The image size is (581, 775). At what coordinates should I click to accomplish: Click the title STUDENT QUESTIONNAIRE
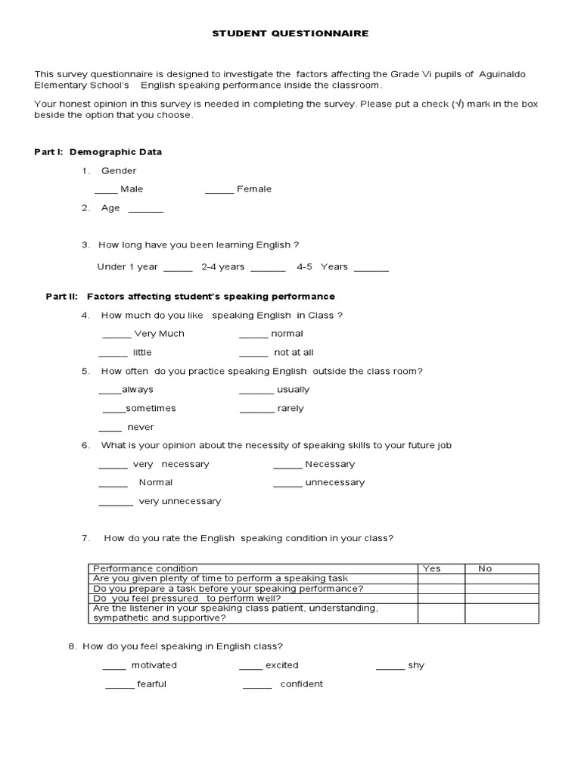(290, 33)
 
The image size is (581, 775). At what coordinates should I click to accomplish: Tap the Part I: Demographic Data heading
(98, 152)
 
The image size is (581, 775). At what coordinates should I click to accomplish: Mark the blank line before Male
(106, 191)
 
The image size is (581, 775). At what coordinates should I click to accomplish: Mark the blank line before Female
(219, 191)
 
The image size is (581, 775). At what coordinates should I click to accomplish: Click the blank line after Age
(145, 210)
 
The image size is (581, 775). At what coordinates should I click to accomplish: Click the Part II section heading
(190, 297)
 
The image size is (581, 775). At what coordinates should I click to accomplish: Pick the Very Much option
(159, 334)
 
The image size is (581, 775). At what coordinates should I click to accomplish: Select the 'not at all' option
(294, 353)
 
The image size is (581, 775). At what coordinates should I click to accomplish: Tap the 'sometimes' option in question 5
(151, 409)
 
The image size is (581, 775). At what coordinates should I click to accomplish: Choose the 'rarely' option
(290, 409)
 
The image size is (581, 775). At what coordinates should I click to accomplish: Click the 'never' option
(140, 428)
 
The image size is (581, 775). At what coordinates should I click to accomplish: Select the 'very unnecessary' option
(180, 502)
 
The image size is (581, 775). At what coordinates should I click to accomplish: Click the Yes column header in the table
(432, 568)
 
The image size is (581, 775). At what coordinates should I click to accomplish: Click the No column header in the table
(485, 568)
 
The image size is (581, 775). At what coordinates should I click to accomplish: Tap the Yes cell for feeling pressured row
(441, 598)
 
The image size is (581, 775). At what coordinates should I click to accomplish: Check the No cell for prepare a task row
(502, 588)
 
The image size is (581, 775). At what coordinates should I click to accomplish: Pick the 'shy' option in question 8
(415, 666)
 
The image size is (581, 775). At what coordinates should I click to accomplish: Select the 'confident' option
(301, 684)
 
